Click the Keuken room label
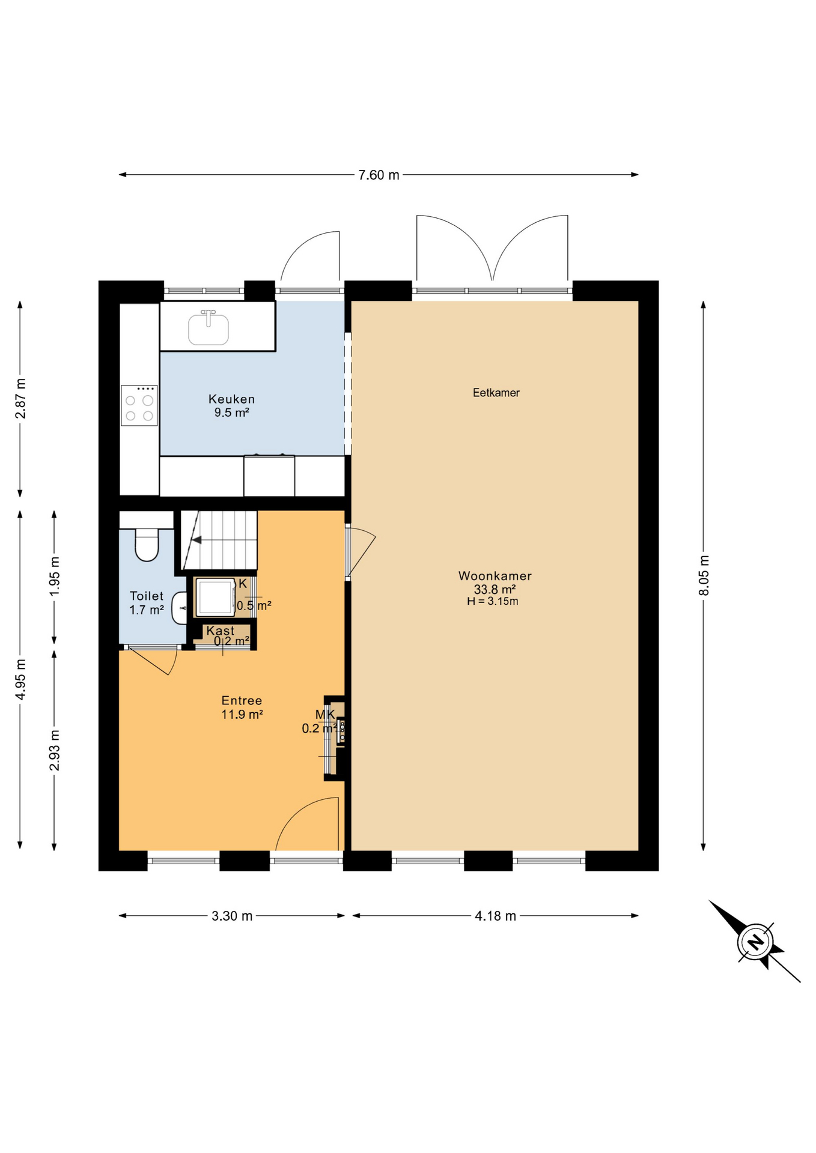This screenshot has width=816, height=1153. point(231,399)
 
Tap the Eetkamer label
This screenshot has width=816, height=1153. point(496,393)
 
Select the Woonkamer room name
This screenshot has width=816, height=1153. point(495,576)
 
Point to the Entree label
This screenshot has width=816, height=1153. point(242,700)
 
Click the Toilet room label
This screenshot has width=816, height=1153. point(147,596)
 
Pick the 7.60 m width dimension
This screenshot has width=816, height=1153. point(379,175)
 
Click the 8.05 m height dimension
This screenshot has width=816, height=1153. point(704,575)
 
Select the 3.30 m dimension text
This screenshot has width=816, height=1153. point(232,916)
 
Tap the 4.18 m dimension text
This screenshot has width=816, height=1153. point(495,916)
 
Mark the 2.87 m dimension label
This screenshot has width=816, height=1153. point(20,399)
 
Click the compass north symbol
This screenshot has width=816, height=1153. point(755,941)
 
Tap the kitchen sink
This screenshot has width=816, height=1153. point(209,328)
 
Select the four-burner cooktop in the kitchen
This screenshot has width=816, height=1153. point(139,405)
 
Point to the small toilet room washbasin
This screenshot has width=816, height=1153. point(180,608)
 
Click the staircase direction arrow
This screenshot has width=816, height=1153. point(196,540)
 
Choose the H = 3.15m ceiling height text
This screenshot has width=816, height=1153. point(493,601)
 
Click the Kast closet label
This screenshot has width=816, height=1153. point(221,631)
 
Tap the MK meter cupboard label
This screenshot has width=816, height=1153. point(325,714)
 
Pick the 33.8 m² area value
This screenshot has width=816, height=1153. point(495,589)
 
